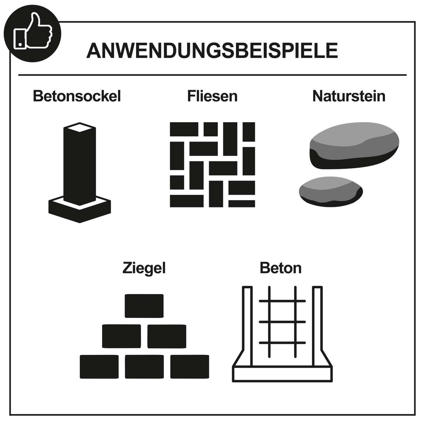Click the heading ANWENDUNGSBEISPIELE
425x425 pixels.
(212, 51)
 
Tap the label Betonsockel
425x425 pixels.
(77, 96)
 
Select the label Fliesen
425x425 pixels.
(212, 96)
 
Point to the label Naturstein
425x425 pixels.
(348, 96)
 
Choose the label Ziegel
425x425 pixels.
(144, 268)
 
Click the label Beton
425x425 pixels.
(280, 268)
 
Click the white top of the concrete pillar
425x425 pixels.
(79, 128)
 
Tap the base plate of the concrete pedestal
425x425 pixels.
(80, 211)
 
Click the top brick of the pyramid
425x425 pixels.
(144, 306)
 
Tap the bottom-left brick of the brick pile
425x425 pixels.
(99, 367)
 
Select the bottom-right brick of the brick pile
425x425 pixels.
(189, 367)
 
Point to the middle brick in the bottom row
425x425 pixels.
(144, 367)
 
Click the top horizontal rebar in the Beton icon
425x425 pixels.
(282, 301)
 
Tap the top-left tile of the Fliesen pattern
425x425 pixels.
(184, 129)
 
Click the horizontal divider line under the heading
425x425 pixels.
(212, 75)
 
